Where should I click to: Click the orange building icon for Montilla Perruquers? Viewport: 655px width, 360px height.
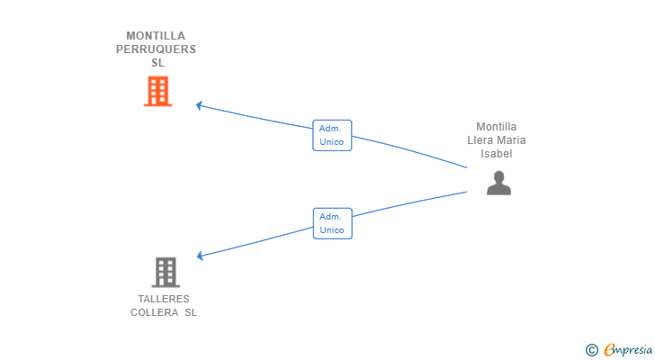[157, 91]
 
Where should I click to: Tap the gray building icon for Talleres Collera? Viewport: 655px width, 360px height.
[166, 271]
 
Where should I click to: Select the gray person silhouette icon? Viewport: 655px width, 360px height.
[498, 183]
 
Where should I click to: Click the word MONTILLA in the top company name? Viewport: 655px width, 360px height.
[156, 36]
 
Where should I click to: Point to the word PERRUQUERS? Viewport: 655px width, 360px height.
[156, 49]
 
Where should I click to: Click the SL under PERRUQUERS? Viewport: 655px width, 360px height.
[158, 63]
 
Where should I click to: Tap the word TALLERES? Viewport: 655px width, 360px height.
[164, 299]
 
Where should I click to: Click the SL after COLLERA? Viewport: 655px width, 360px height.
[190, 312]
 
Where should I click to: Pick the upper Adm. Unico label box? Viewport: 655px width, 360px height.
[332, 135]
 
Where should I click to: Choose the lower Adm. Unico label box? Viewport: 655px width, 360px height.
[333, 223]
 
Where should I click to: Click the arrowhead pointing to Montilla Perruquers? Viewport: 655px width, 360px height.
[200, 105]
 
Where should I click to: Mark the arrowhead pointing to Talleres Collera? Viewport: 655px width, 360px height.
[201, 256]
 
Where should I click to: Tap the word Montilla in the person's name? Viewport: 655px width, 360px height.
[497, 127]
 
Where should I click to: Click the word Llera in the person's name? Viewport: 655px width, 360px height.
[480, 140]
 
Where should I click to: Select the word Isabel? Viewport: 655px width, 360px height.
[497, 154]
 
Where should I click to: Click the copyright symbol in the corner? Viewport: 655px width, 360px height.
[591, 349]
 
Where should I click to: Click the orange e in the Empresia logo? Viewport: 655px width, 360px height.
[609, 349]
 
